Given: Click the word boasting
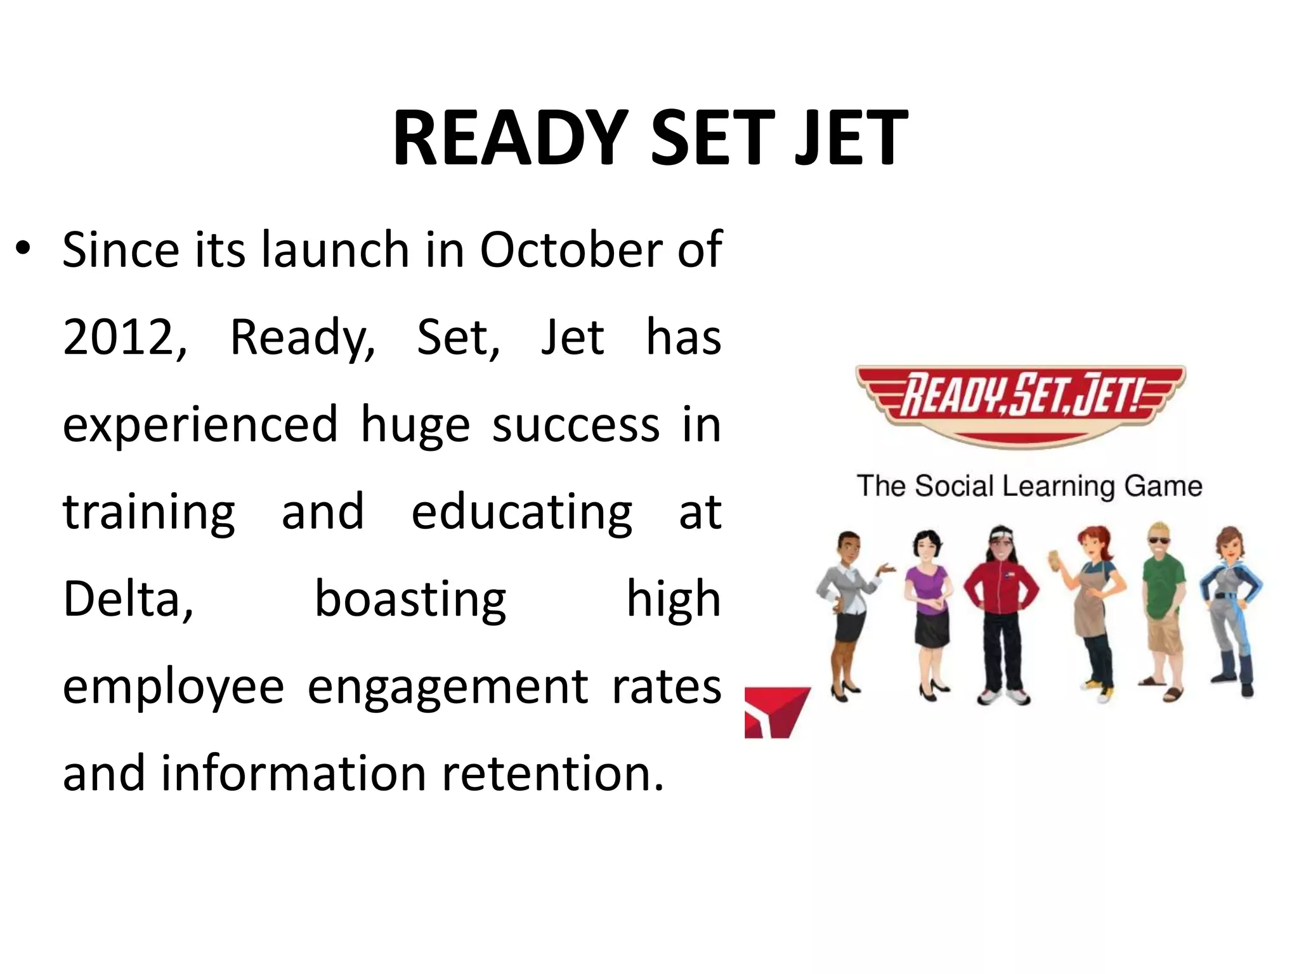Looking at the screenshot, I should (x=410, y=600).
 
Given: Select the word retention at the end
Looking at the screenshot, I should (x=552, y=774).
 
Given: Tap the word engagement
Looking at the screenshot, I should (x=448, y=687).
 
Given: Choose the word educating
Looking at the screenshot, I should (x=521, y=512).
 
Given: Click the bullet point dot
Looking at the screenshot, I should (x=23, y=249).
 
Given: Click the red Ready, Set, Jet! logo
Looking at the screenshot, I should (x=1020, y=403).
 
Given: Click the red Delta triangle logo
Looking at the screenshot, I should (x=775, y=711).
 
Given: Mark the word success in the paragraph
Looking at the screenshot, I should (x=575, y=425).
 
